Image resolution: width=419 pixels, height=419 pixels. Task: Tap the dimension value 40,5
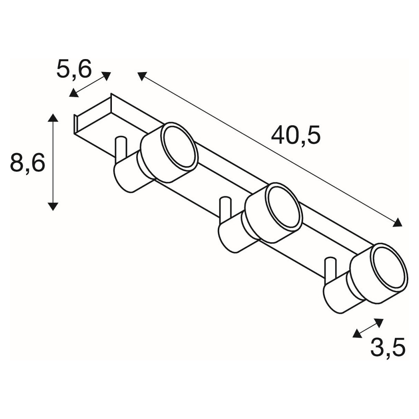[x=295, y=135]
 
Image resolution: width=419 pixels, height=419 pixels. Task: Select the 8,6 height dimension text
[x=28, y=162]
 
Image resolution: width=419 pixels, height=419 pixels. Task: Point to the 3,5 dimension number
[x=388, y=347]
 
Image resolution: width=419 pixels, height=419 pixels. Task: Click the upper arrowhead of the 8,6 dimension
[x=53, y=118]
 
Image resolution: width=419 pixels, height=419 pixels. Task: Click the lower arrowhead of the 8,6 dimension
[x=53, y=206]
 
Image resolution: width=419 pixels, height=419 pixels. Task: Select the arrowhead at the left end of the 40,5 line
[x=142, y=76]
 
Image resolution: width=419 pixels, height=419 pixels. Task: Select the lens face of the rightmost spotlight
[x=388, y=267]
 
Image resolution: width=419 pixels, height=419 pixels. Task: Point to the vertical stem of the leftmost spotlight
[x=121, y=150]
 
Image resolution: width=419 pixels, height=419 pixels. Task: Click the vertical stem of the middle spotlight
[x=225, y=210]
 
